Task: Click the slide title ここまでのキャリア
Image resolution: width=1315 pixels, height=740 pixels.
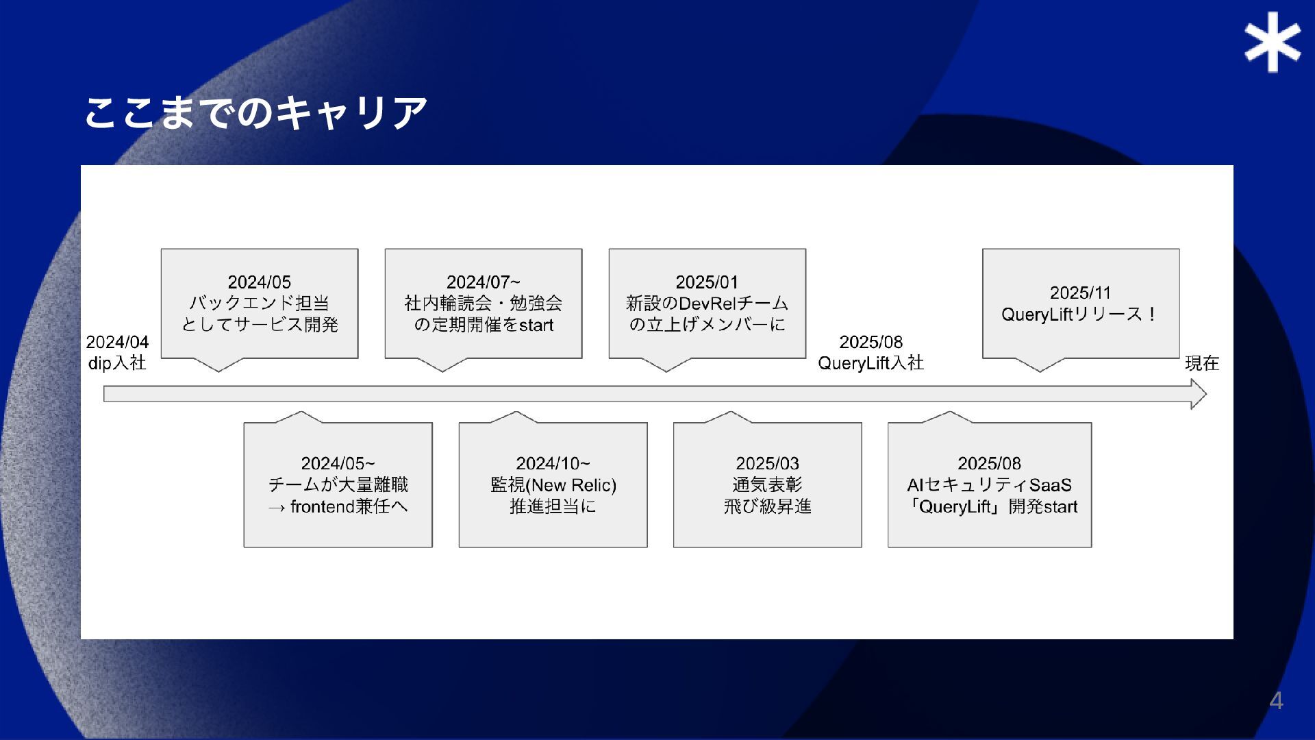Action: pos(256,112)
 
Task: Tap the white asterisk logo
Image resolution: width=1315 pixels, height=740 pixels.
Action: pos(1273,42)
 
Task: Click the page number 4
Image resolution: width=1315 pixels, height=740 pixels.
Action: pos(1276,700)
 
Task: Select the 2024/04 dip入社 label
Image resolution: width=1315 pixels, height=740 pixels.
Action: pos(117,352)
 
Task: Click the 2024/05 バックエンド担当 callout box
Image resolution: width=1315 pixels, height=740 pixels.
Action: pos(260,304)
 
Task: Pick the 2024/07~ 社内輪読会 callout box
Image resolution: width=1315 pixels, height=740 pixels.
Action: pos(483,304)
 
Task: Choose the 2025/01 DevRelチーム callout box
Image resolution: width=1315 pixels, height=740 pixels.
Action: pos(707,304)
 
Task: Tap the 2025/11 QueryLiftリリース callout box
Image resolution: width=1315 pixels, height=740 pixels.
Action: pos(1080,304)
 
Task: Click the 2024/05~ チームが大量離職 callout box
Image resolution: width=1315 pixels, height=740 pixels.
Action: pos(338,485)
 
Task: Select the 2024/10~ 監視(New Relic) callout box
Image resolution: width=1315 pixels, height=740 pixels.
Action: pos(553,485)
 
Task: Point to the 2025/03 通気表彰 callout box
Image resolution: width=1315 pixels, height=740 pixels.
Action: pos(767,485)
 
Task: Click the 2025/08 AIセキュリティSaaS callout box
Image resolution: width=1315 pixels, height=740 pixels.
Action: pos(989,485)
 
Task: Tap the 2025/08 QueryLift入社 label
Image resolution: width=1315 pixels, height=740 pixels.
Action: pos(871,352)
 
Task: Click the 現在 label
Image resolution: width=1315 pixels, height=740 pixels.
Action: pos(1202,363)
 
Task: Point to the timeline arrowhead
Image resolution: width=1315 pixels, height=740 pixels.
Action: pos(1198,394)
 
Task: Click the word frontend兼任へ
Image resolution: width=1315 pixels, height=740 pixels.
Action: pos(349,506)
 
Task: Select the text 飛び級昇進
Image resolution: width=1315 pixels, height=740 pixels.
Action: pos(767,506)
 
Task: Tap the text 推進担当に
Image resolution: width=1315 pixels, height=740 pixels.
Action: pos(553,506)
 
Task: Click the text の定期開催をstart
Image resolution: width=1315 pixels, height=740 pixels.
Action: pos(483,325)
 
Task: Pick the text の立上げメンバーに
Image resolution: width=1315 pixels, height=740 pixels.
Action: pos(707,324)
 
